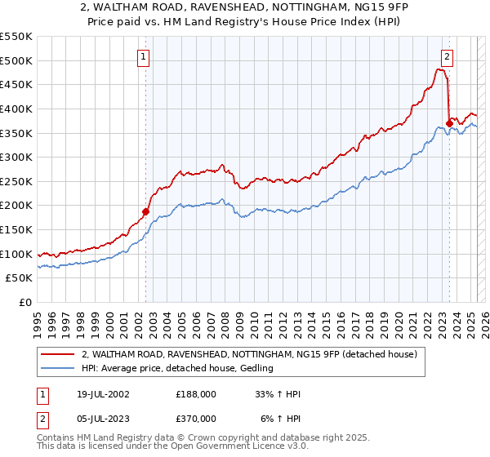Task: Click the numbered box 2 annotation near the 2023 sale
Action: point(448,56)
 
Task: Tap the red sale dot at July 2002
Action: point(146,211)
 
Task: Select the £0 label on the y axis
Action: point(26,302)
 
